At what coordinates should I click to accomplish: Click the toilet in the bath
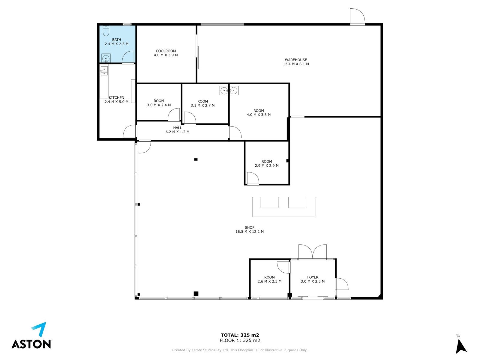[106, 31]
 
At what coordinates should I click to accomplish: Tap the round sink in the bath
[106, 58]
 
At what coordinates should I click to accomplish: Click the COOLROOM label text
[166, 51]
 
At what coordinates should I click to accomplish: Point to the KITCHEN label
[116, 98]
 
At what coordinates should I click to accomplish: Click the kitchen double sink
[104, 70]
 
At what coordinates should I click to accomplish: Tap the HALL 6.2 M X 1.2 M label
[177, 130]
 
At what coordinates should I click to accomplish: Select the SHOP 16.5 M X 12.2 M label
[250, 229]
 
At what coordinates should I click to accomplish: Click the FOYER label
[313, 277]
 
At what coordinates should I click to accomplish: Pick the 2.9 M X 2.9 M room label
[267, 166]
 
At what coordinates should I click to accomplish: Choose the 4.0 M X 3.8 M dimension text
[259, 115]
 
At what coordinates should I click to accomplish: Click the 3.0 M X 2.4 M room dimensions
[159, 105]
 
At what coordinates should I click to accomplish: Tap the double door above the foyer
[313, 252]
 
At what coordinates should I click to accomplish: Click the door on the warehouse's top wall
[357, 16]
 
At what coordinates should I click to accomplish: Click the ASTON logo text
[31, 344]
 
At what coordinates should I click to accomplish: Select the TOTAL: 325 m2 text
[240, 335]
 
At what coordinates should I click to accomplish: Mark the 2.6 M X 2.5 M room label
[269, 281]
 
